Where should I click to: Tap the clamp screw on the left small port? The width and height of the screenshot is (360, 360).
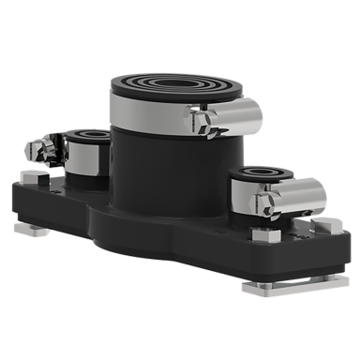39,148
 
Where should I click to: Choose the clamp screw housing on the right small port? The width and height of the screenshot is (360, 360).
302,194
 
